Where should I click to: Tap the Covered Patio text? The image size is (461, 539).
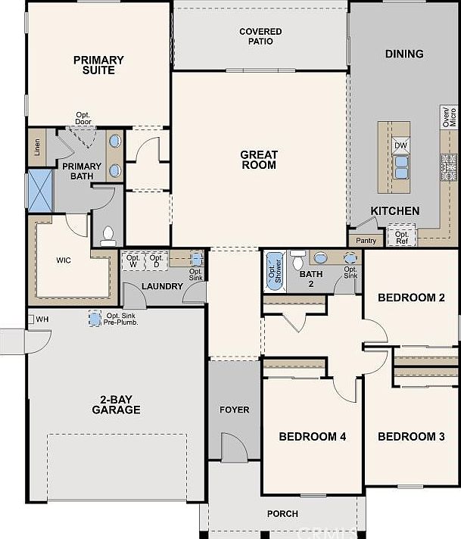click(x=260, y=36)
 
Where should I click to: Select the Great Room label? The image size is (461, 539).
click(x=258, y=160)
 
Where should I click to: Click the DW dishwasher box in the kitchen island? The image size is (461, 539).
click(x=400, y=145)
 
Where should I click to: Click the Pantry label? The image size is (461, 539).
click(x=366, y=241)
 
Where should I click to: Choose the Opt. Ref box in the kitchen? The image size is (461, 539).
click(x=401, y=238)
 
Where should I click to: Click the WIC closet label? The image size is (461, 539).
click(x=64, y=259)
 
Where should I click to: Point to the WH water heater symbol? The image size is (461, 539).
click(x=32, y=319)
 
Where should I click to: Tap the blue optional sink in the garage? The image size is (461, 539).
click(x=94, y=319)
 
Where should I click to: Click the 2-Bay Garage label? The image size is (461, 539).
click(x=116, y=404)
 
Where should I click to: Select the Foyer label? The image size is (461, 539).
click(x=234, y=410)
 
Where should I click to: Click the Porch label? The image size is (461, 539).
click(x=282, y=514)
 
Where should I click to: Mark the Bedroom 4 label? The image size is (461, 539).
click(x=312, y=436)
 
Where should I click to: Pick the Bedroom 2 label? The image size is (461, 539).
click(x=411, y=298)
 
